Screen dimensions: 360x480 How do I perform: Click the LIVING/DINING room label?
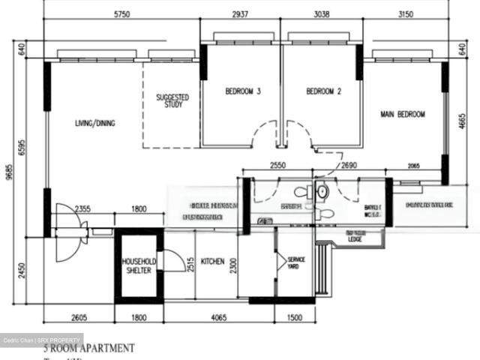pyautogui.click(x=94, y=123)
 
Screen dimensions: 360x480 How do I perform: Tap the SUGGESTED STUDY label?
pyautogui.click(x=172, y=100)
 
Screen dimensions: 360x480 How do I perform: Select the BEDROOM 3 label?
pyautogui.click(x=243, y=92)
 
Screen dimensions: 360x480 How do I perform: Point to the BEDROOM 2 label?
pyautogui.click(x=324, y=92)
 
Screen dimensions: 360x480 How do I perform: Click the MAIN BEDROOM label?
pyautogui.click(x=403, y=115)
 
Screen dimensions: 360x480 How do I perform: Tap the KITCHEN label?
pyautogui.click(x=212, y=261)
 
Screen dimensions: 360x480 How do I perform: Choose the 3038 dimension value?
pyautogui.click(x=321, y=14)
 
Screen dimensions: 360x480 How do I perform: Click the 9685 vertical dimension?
pyautogui.click(x=8, y=172)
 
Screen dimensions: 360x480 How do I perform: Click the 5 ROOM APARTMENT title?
pyautogui.click(x=88, y=348)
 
